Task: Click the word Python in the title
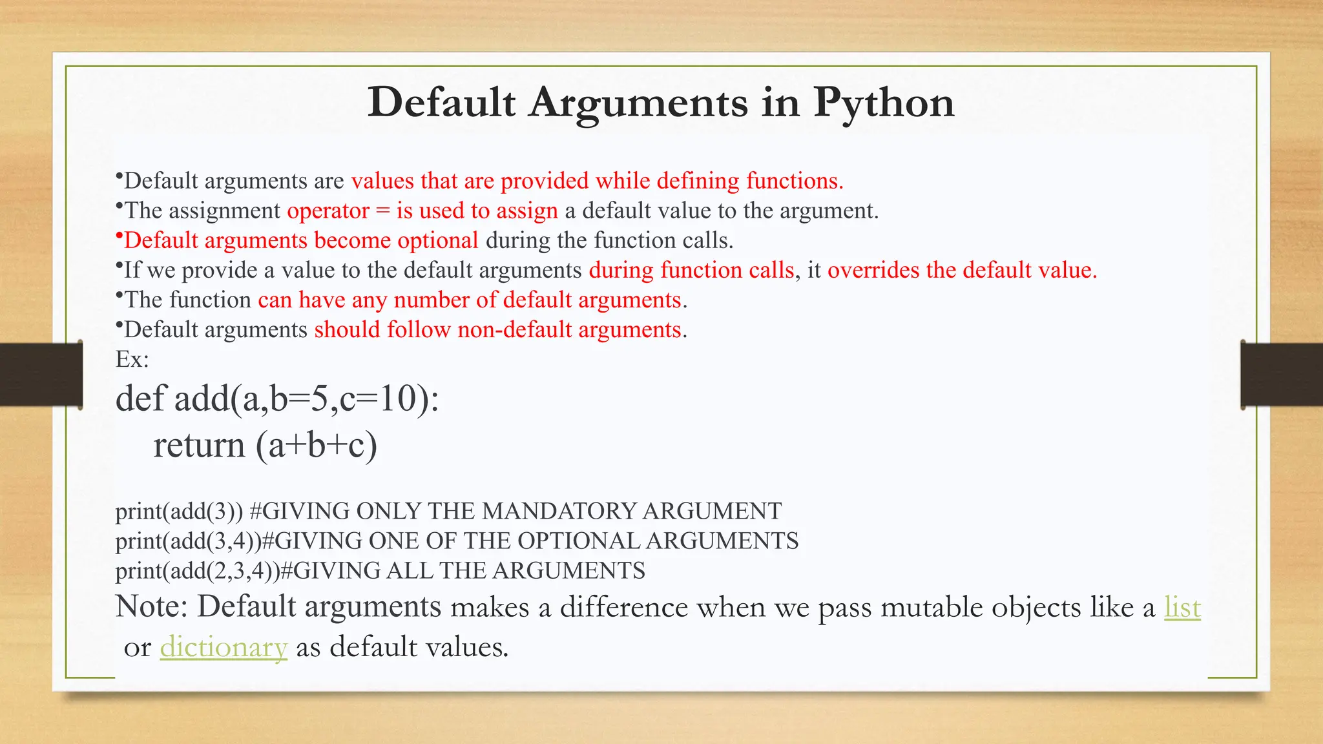coord(883,103)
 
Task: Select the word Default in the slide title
coord(441,102)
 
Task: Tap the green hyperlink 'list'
coord(1182,607)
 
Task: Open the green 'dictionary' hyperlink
coord(224,647)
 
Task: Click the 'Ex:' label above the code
coord(132,359)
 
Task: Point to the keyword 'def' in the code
coord(140,398)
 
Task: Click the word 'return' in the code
coord(199,446)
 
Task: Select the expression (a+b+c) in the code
coord(317,446)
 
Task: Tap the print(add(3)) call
coord(179,512)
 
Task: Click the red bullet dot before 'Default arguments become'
coord(119,236)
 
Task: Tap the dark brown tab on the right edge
coord(1282,375)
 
